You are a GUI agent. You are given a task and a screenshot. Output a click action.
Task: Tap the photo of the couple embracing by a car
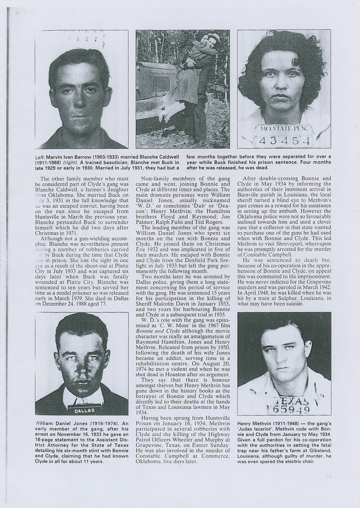tap(183, 89)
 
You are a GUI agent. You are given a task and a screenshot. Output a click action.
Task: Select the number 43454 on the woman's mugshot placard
tap(284, 139)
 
